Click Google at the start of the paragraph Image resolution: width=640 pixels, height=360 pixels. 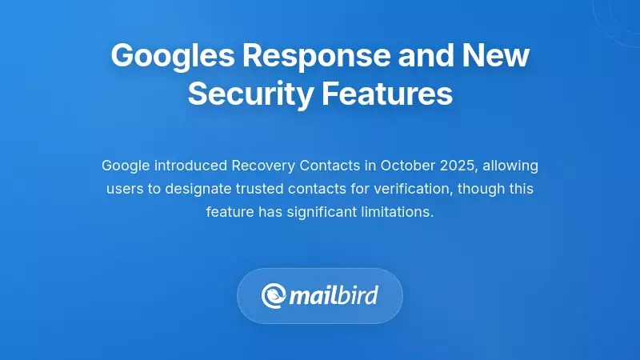pos(124,166)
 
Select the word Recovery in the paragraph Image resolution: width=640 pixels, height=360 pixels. pos(262,166)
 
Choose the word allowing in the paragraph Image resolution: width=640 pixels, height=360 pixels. pos(511,166)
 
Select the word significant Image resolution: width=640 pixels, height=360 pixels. pos(319,213)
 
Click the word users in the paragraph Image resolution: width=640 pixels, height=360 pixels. pos(123,190)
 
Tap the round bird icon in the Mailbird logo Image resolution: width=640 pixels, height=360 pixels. pos(274,296)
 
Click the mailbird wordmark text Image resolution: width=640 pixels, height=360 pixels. pos(333,296)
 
